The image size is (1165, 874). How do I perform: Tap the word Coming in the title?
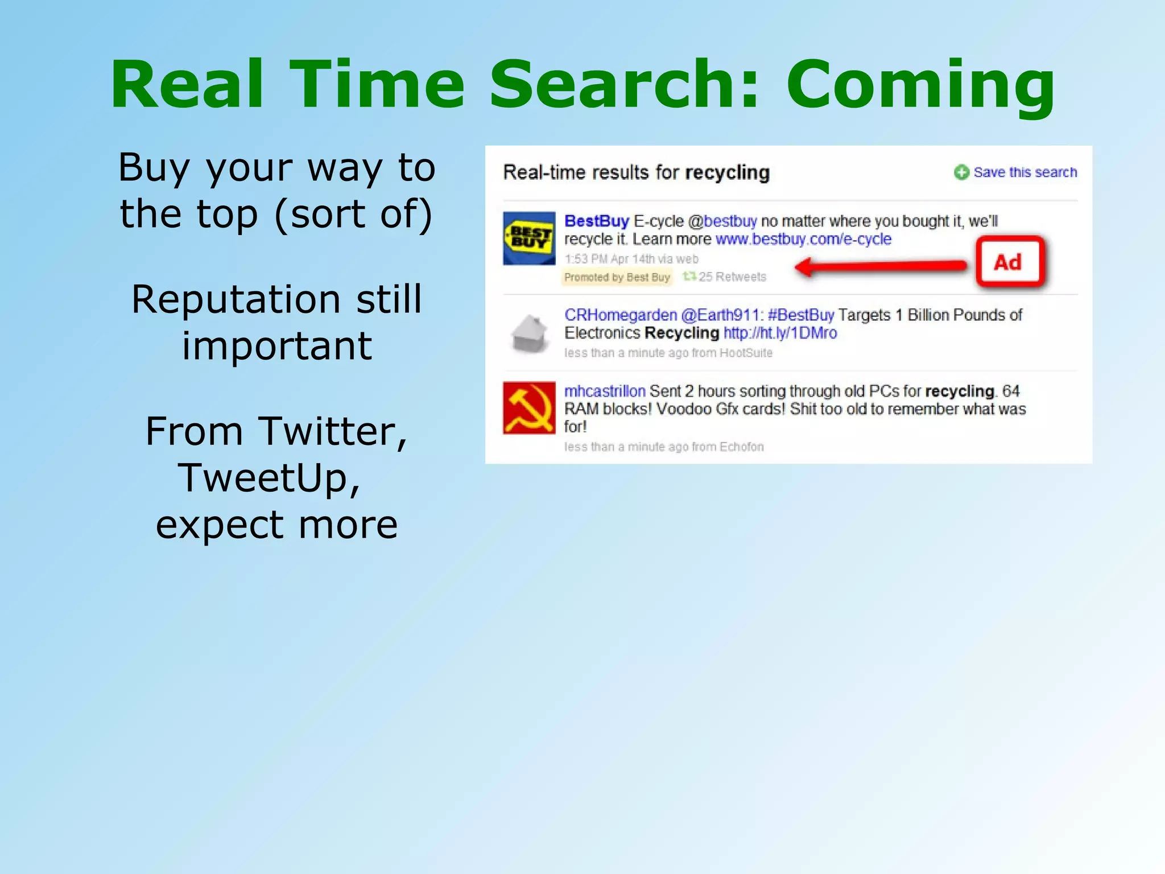(920, 85)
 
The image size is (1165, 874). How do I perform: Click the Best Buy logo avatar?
(529, 238)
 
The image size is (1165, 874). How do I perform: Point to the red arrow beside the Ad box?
(882, 266)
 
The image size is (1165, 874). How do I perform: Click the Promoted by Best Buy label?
(617, 277)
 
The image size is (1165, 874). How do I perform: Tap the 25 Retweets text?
(732, 277)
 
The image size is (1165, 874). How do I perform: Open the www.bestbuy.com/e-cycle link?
(803, 239)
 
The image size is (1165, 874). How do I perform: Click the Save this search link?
(1025, 172)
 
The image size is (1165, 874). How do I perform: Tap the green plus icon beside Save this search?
(961, 172)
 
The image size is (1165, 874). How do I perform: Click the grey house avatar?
(529, 334)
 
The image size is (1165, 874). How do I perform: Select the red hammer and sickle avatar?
(529, 407)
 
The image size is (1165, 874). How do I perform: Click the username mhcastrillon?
(604, 391)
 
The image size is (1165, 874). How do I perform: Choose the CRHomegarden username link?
(620, 315)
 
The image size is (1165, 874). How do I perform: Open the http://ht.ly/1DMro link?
(780, 333)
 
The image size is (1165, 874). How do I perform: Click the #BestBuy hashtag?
(800, 315)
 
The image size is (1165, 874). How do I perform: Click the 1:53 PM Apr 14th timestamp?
(631, 259)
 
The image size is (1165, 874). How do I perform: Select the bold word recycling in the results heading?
(727, 172)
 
